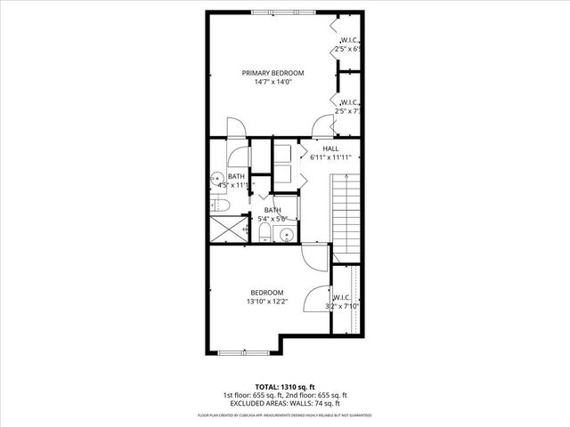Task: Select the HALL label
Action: tap(330, 149)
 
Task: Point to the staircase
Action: tap(346, 214)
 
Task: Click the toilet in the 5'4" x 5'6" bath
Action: tap(265, 234)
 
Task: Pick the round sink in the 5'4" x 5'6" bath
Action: tap(284, 235)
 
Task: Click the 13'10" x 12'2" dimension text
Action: tap(266, 302)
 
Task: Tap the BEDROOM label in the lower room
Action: tap(266, 293)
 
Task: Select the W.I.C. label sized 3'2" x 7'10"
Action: tap(344, 298)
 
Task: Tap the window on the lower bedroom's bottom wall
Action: tap(243, 353)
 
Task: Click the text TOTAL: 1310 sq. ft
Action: tap(284, 385)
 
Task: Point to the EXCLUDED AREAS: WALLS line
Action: tap(284, 404)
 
